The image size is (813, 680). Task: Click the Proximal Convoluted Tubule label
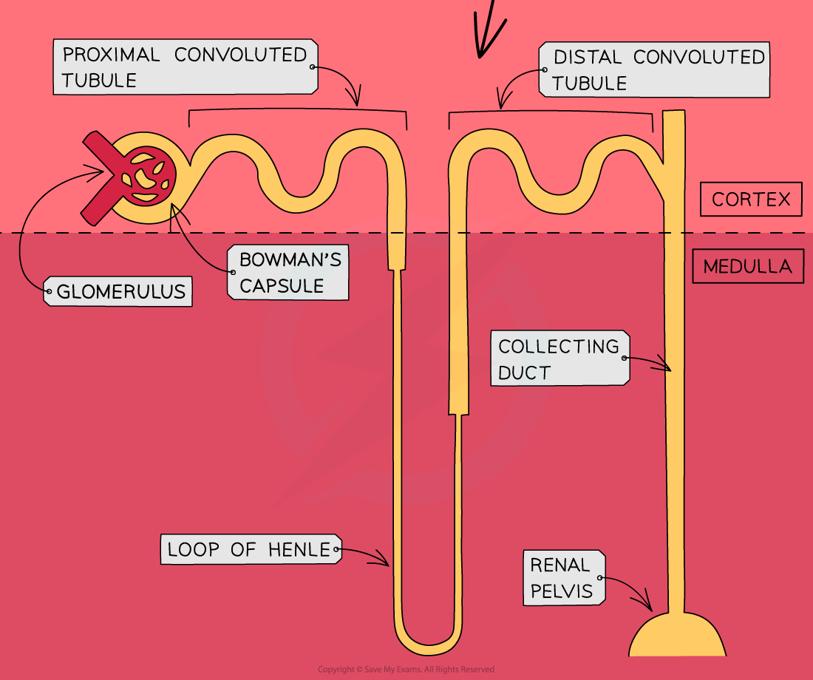pos(185,67)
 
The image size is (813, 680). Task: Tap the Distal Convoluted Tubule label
pos(653,69)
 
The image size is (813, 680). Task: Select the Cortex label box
pos(750,200)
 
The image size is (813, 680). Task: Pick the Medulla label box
pos(746,267)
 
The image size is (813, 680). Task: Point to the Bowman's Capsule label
pos(289,273)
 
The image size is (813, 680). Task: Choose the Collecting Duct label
pos(559,358)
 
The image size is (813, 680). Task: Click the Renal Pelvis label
pos(561,577)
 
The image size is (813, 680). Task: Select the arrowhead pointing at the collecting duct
pos(667,367)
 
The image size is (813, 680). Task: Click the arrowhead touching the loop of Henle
pos(384,562)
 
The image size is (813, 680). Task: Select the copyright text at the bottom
pos(406,670)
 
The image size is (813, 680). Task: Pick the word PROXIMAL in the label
pos(111,55)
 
